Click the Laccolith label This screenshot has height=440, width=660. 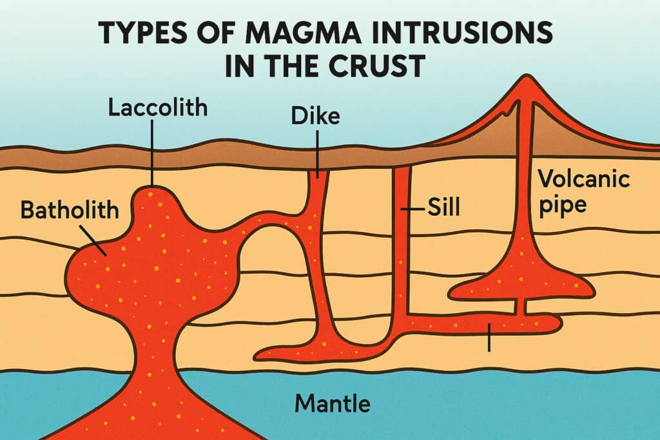click(x=157, y=108)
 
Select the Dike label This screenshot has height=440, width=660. click(x=316, y=117)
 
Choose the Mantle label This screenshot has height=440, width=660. click(x=332, y=404)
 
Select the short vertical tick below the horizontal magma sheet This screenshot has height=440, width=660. click(x=489, y=338)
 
